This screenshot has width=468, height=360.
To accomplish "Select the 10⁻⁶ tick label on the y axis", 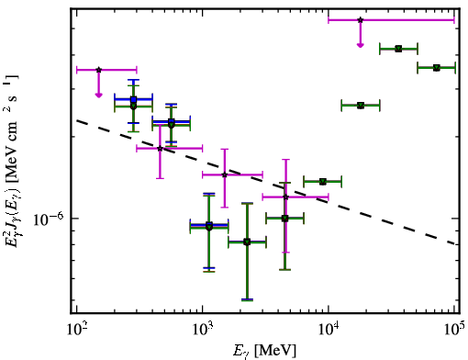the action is pyautogui.click(x=49, y=219).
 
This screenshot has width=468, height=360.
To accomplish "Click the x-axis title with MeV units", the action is pyautogui.click(x=264, y=351).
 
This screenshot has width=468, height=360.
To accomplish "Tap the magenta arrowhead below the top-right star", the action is pyautogui.click(x=361, y=45).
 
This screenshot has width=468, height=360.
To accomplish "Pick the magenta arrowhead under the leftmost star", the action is pyautogui.click(x=98, y=96).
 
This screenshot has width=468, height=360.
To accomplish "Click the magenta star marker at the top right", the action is pyautogui.click(x=361, y=20).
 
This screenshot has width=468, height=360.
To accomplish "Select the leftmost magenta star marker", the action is pyautogui.click(x=98, y=70).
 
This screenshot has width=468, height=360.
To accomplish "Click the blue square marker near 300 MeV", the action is pyautogui.click(x=133, y=99).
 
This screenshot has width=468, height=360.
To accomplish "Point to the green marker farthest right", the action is pyautogui.click(x=437, y=68).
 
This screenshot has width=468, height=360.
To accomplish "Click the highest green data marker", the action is pyautogui.click(x=398, y=49).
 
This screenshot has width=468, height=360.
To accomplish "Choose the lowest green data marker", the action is pyautogui.click(x=247, y=242).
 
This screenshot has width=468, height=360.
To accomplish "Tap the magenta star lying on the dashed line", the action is pyautogui.click(x=160, y=149).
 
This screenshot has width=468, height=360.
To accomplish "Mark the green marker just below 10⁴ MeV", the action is pyautogui.click(x=323, y=182).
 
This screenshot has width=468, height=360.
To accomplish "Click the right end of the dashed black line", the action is pyautogui.click(x=456, y=243).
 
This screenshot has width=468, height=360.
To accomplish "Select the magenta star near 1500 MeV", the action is pyautogui.click(x=225, y=174).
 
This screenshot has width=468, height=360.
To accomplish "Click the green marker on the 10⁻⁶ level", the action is pyautogui.click(x=284, y=219).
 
